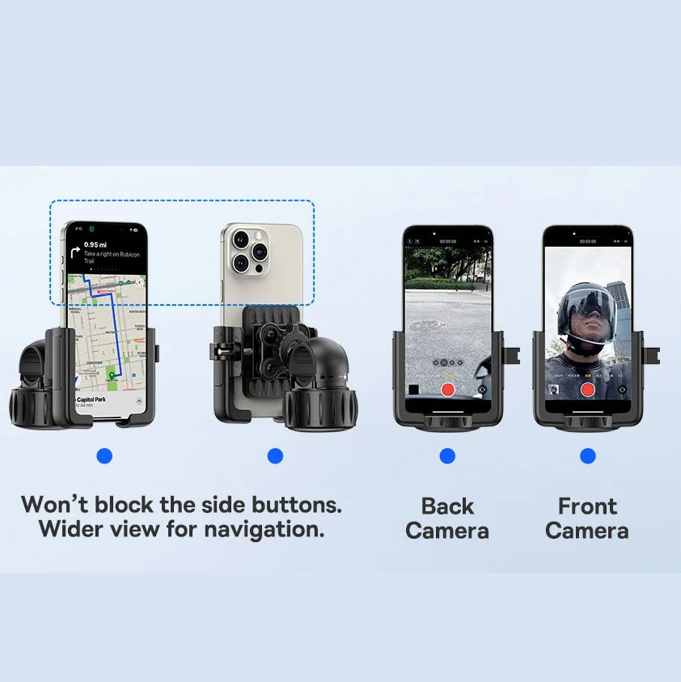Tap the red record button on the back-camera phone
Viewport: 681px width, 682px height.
pos(447,389)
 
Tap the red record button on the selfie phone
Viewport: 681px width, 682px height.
pos(588,389)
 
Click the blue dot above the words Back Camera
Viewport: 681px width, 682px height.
pos(447,456)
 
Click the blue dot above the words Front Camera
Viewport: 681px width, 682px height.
pos(588,456)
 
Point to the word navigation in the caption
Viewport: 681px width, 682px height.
pos(262,531)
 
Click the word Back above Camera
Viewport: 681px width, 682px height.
pos(447,506)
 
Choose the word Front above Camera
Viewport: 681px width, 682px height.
pos(588,506)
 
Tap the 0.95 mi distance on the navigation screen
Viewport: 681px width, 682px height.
pos(96,244)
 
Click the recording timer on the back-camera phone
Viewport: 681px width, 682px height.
pos(447,241)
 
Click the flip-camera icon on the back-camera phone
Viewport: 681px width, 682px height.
pos(483,389)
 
